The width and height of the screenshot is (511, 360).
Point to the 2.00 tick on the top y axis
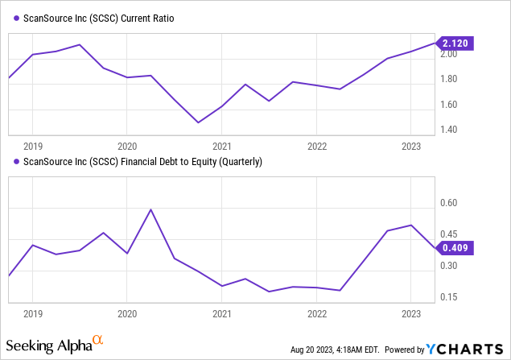[447, 54]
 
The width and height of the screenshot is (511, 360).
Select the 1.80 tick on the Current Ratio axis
[447, 79]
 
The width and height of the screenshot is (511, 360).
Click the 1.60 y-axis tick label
[447, 105]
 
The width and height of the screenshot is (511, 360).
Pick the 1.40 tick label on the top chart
[447, 130]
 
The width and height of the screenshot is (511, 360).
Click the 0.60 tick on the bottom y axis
[447, 205]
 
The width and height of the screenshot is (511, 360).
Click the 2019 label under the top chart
[32, 147]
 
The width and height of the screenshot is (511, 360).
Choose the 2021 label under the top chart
[222, 147]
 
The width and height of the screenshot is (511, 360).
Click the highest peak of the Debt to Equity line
[151, 209]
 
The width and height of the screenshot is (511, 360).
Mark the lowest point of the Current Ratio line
[199, 122]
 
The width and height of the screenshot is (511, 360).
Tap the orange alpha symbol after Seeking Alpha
[97, 341]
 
